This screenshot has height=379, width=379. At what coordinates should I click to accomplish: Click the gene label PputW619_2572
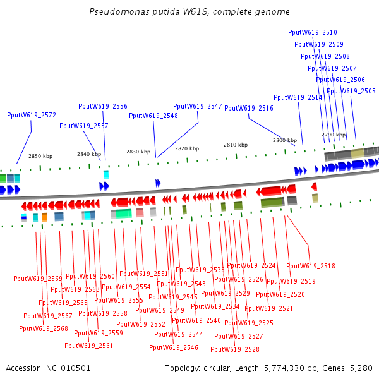point(32,116)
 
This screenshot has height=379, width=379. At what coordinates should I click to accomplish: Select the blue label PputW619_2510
point(312,32)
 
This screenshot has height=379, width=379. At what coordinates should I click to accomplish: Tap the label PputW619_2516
point(249,109)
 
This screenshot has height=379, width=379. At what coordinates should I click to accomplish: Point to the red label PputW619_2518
point(311,266)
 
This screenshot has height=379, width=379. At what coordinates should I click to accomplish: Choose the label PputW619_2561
point(89,346)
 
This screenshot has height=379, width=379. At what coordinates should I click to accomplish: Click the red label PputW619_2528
point(235,349)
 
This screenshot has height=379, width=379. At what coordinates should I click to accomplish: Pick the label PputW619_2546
point(174,347)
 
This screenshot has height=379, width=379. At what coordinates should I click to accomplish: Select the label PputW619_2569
point(38,279)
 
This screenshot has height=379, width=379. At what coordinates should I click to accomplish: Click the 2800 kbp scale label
point(285,140)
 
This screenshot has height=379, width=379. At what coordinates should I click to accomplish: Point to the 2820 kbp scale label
point(187,148)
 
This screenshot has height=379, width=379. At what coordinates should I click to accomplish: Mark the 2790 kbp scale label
point(334,135)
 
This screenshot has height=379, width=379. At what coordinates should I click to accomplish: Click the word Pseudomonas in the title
point(112,12)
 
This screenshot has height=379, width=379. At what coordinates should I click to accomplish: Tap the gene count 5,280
point(360,368)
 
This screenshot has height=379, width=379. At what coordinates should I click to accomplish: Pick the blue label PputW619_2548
point(153,116)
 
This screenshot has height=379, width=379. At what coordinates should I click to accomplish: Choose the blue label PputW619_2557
point(84,126)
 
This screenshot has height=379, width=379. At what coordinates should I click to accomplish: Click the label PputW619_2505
point(351,91)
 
